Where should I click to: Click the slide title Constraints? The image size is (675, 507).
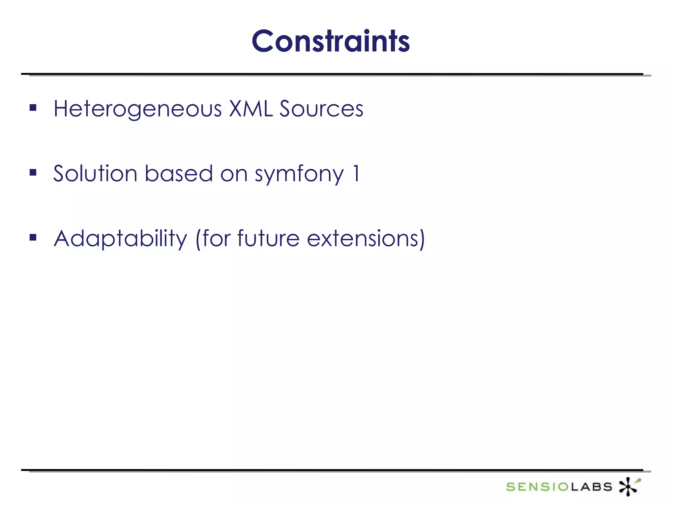[331, 41]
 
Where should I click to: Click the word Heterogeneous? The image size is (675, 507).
[137, 109]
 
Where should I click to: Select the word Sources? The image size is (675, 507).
[321, 109]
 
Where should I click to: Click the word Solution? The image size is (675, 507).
[95, 174]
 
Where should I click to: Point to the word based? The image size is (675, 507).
[179, 174]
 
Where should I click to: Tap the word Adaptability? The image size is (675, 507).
[120, 239]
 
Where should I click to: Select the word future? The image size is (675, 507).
[268, 238]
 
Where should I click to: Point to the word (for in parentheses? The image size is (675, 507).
[213, 238]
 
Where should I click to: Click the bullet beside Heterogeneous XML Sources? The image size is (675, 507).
[33, 108]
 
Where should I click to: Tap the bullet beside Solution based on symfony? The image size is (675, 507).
[33, 172]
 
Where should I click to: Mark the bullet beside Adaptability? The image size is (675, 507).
[33, 237]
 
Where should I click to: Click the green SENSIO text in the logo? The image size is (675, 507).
[537, 487]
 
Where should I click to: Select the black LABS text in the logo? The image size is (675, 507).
[591, 487]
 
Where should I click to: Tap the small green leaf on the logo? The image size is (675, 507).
[639, 481]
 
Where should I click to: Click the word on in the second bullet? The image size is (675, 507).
[234, 174]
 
